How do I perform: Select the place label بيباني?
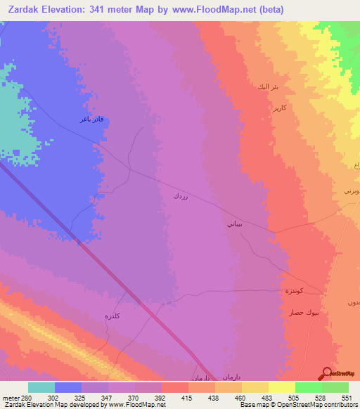233,225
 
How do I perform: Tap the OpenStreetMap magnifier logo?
326,372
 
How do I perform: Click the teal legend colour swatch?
41,387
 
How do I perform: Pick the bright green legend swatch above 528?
308,387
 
